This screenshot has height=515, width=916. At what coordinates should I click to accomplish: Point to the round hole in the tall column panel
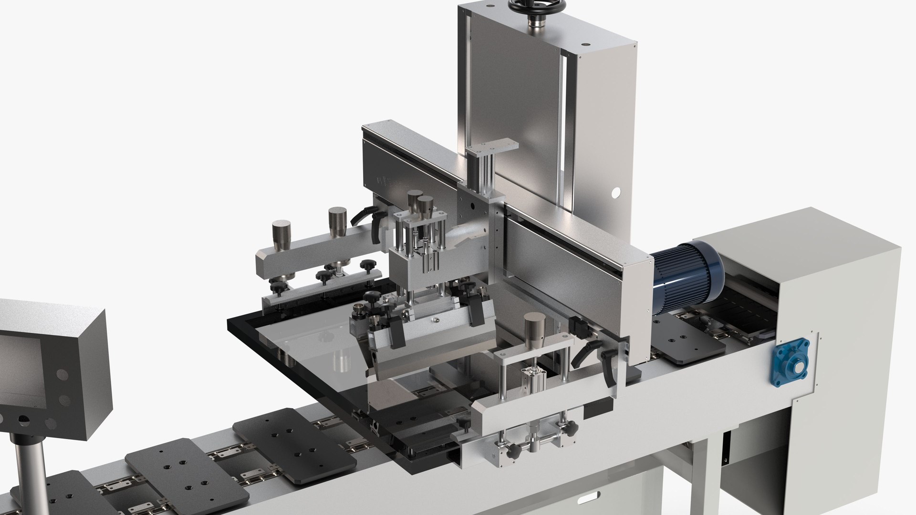615,192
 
